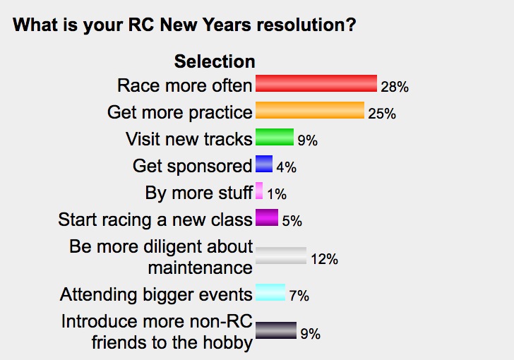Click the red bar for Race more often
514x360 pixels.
coord(316,83)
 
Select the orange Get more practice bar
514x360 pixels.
coord(310,110)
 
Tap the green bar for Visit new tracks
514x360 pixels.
coord(275,137)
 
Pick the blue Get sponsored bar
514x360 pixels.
coord(264,164)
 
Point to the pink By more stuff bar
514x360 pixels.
coord(259,191)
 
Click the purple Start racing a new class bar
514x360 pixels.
coord(267,217)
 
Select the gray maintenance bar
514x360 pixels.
coord(281,256)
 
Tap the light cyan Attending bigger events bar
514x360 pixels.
coord(270,292)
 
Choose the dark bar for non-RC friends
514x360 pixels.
coord(276,330)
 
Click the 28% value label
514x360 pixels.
coord(395,87)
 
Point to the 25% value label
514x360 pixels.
coord(382,114)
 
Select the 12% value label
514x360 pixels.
coord(324,259)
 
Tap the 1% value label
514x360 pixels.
coord(277,194)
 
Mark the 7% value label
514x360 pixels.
coord(299,296)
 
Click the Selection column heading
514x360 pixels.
coord(215,61)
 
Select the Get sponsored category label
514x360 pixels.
coord(193,166)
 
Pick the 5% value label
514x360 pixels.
coord(292,221)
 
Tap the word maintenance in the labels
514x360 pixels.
coord(201,268)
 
